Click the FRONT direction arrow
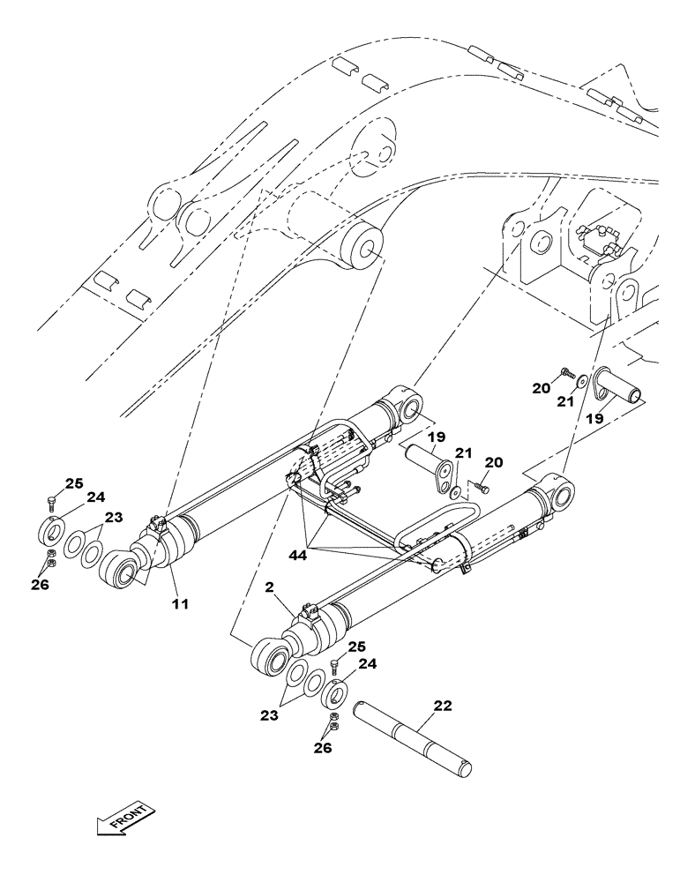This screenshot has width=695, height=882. pos(124,819)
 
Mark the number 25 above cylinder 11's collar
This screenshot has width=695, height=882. pos(74,483)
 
